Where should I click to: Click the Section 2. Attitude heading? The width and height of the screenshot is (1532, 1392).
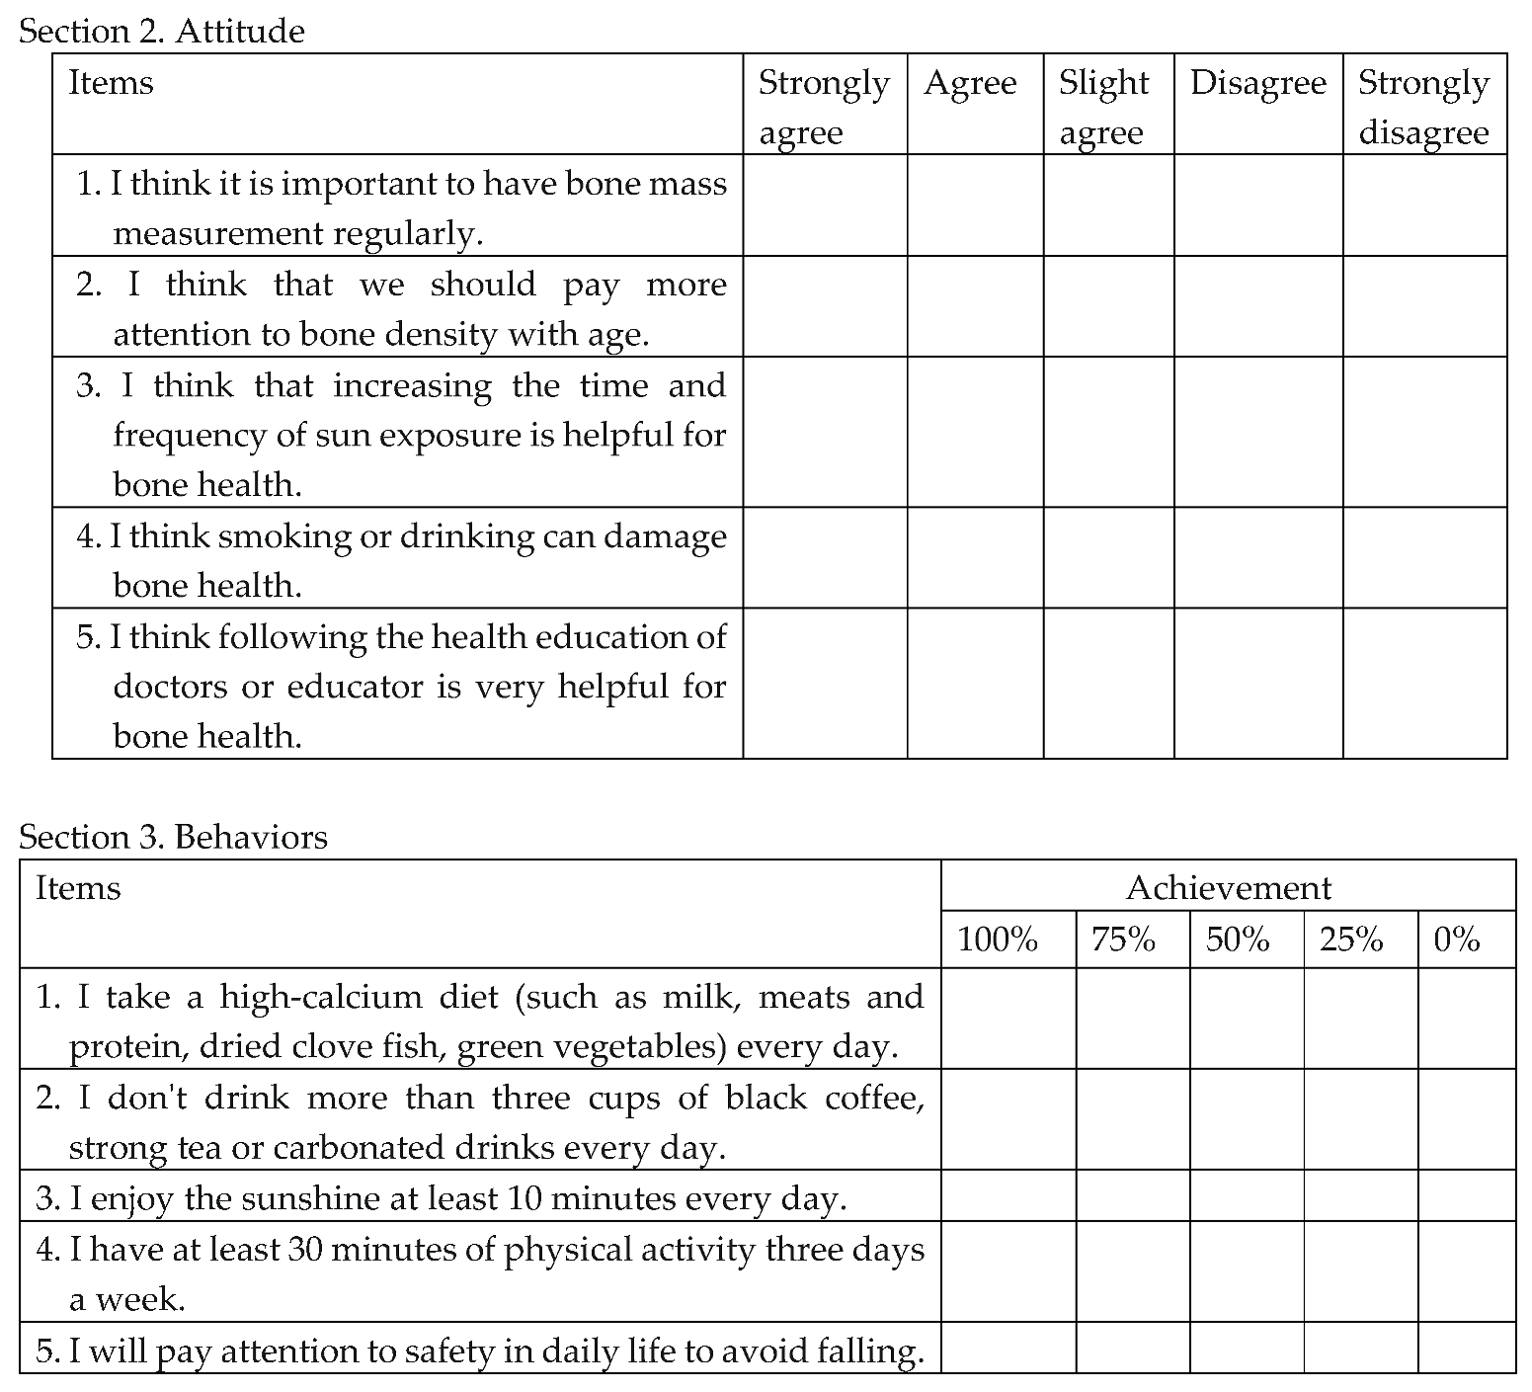[x=161, y=32]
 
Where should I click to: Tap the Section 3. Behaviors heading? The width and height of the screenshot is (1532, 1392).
[x=173, y=838]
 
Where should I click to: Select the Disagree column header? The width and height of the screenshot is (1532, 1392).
[x=1257, y=84]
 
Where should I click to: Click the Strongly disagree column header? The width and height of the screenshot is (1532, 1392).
[x=1423, y=107]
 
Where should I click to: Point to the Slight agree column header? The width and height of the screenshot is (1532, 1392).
[x=1103, y=107]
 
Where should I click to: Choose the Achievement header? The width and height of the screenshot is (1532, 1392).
[x=1228, y=888]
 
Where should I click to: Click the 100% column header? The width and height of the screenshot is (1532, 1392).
[x=998, y=939]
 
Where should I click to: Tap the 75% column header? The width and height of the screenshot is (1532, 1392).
[x=1123, y=939]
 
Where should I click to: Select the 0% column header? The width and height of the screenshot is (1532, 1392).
[x=1456, y=939]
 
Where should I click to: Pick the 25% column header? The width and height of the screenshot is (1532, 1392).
[x=1350, y=939]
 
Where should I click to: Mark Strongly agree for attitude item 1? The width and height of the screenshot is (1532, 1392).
[x=825, y=205]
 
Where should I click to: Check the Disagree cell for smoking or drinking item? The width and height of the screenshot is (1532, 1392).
[x=1257, y=558]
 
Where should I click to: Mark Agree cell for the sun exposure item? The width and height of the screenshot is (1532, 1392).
[x=975, y=433]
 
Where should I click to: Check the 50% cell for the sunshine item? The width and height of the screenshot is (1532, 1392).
[x=1247, y=1196]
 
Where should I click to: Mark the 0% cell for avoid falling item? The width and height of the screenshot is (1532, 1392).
[x=1467, y=1349]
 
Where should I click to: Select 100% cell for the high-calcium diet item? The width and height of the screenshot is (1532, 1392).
[x=1008, y=1020]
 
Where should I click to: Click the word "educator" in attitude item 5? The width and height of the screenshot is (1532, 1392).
[x=360, y=687]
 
